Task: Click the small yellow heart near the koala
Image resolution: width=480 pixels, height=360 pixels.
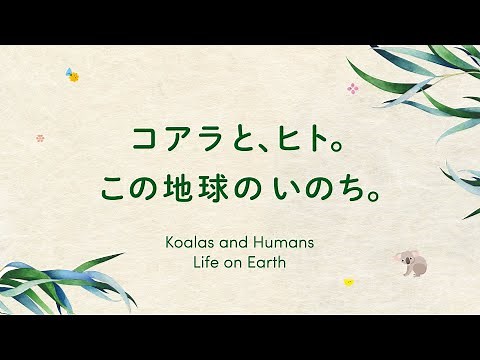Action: [348, 282]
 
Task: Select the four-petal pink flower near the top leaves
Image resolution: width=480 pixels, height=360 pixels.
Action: [352, 88]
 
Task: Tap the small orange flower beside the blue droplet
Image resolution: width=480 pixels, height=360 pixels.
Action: [74, 77]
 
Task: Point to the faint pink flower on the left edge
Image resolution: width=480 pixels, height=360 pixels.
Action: [40, 138]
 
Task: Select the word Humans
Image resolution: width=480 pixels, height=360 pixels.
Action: [286, 242]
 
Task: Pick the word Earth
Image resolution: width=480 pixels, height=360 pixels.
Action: [276, 267]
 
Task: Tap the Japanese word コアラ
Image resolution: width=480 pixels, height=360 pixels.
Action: [169, 140]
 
